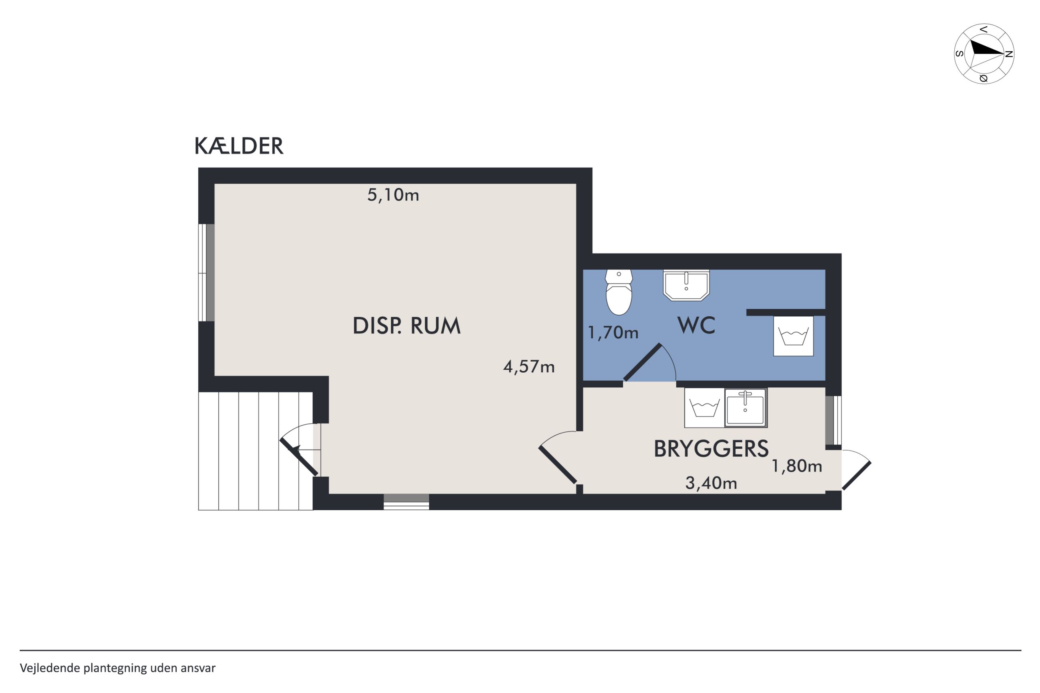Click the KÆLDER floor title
tap(239, 146)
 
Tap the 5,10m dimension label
tap(393, 195)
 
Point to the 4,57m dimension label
tap(529, 367)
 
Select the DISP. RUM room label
tap(406, 326)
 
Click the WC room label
tap(696, 325)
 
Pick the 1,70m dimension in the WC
tap(613, 332)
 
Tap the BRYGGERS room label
tap(711, 449)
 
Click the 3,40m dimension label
tap(711, 483)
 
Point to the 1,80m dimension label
tap(796, 466)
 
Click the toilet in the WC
tap(619, 292)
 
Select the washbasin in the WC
tap(686, 285)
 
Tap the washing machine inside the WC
tap(793, 336)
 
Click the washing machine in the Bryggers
tap(704, 408)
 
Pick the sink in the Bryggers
tap(746, 408)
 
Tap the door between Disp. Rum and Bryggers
tap(558, 457)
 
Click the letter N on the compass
tap(1009, 54)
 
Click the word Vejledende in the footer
tap(50, 668)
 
